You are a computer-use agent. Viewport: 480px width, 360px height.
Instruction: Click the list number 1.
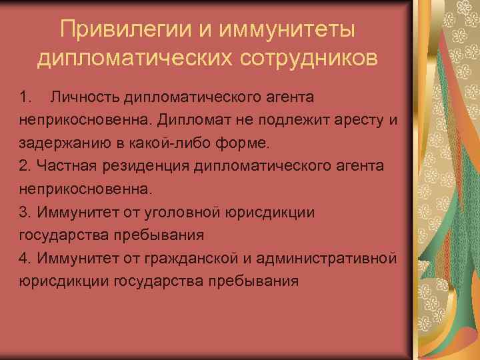[x=25, y=98]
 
